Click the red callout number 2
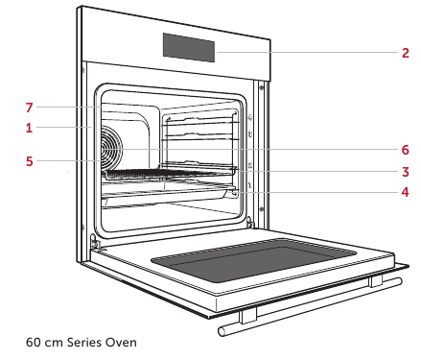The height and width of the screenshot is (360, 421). tap(406, 53)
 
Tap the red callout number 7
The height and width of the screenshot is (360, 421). tap(30, 108)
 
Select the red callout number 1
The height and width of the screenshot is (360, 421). tap(29, 128)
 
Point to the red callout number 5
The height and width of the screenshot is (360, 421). tap(30, 161)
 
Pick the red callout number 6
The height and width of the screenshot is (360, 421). tap(406, 150)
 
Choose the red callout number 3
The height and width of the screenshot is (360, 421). tap(406, 172)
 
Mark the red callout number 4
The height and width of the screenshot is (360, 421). tap(406, 192)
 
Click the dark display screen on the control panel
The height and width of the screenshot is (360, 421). tap(189, 47)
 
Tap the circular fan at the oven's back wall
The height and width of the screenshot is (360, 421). tap(112, 148)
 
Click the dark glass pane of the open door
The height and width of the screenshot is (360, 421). tap(254, 260)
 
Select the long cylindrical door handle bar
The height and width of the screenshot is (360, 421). tap(310, 306)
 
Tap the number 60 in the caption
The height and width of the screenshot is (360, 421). tap(34, 342)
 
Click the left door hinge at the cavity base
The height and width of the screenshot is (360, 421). tap(94, 242)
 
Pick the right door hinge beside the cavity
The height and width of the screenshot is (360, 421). tap(250, 222)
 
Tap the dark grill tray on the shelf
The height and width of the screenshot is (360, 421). tap(170, 175)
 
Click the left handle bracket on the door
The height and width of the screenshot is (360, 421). tap(247, 315)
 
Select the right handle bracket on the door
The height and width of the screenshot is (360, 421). tap(375, 280)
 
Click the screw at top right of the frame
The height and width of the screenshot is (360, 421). tap(262, 86)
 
